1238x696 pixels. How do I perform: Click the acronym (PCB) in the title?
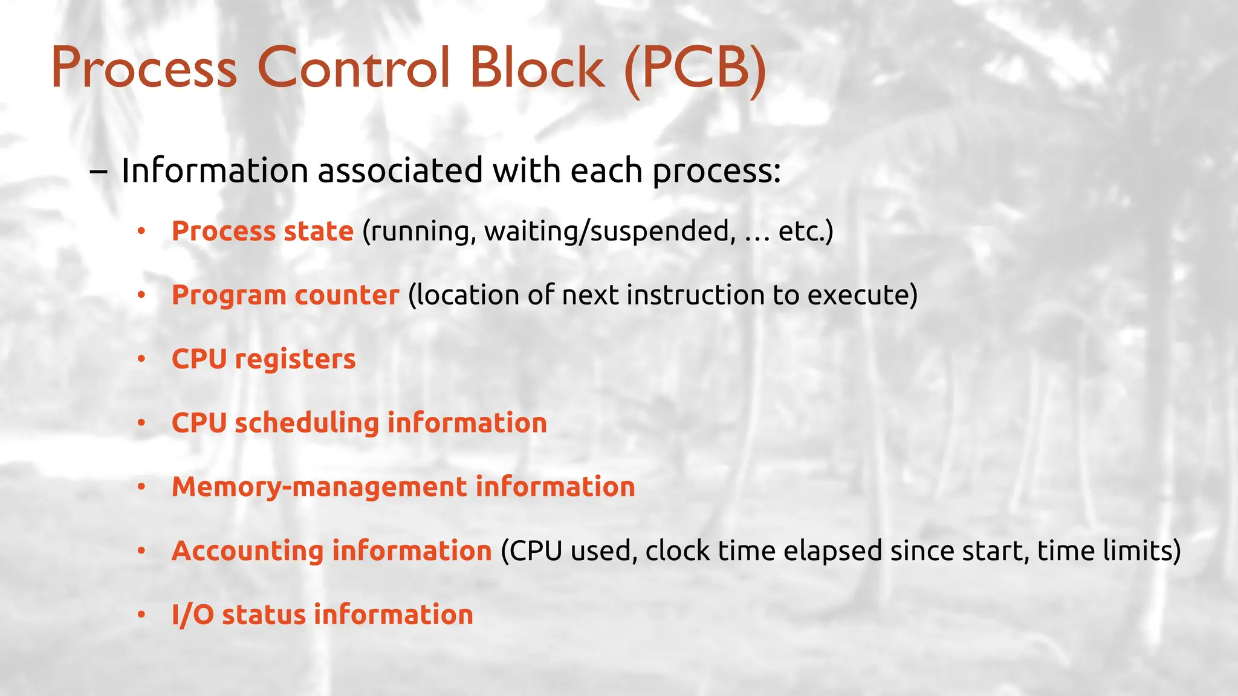695,68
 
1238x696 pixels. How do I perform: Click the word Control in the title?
354,67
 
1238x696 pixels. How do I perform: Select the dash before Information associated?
99,171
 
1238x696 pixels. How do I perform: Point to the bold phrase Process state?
262,231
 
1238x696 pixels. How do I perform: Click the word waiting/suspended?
611,232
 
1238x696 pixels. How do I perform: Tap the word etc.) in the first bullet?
806,231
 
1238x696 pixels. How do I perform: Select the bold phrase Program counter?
285,295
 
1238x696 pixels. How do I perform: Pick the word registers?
295,359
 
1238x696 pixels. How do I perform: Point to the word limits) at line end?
1142,551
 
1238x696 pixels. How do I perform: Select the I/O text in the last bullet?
192,615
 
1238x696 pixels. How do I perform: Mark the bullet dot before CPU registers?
141,359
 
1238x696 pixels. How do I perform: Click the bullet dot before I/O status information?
141,615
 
